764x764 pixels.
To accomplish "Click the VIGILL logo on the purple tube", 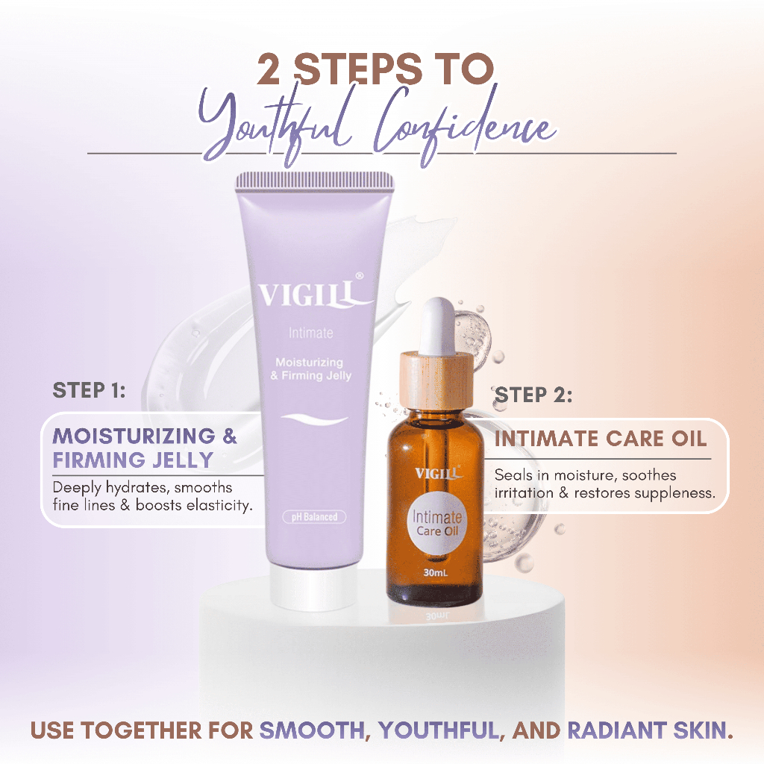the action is [312, 292].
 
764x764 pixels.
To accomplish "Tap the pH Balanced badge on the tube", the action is [314, 516].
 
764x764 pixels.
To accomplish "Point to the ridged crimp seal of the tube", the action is [315, 181].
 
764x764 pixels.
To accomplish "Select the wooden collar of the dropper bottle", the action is [436, 380].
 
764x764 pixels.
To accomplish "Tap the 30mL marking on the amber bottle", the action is [435, 572].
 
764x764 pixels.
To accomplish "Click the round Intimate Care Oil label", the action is [436, 524].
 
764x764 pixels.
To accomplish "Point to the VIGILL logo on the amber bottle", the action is [438, 473].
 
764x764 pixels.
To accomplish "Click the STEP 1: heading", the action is [89, 390].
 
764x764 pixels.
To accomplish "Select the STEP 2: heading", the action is [533, 395].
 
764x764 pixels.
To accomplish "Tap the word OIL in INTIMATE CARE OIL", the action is [689, 439].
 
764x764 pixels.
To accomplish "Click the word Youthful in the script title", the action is [275, 125].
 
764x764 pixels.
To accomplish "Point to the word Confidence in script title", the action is [466, 125].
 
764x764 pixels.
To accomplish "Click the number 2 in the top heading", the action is [269, 69].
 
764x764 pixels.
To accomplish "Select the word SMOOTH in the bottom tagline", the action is [312, 730].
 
